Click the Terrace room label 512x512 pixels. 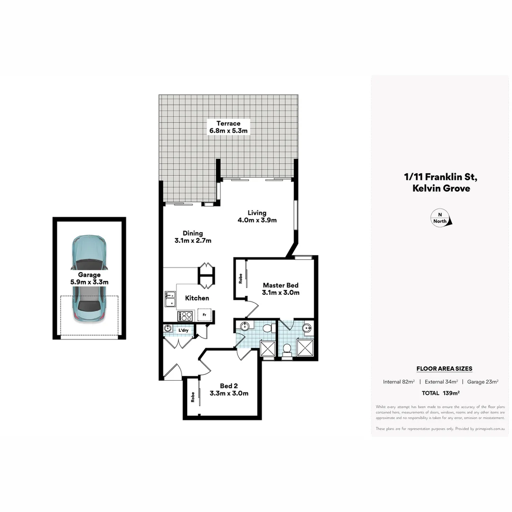coord(229,127)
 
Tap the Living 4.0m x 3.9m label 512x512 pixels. coord(257,216)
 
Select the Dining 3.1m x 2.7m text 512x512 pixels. coord(192,237)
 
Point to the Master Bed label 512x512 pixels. coord(281,289)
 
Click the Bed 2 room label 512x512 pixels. coord(229,389)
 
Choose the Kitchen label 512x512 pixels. coord(197,298)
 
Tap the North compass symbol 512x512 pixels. coord(441,219)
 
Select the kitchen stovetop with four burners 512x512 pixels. coord(184,316)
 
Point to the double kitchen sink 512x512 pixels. coord(169,299)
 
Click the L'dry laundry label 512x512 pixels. coord(184,330)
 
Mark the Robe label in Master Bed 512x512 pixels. coord(240,278)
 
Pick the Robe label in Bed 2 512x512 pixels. coord(192,397)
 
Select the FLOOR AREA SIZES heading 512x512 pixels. coord(444,368)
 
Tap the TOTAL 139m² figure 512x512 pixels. coord(441,393)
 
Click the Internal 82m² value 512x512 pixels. coord(399,382)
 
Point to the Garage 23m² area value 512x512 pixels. coord(483,382)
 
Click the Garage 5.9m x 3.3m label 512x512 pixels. coord(89,278)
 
